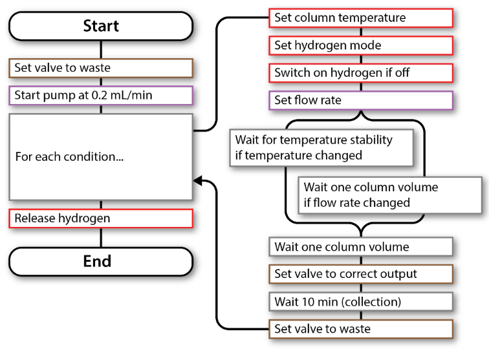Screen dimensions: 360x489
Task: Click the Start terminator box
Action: [x=101, y=26]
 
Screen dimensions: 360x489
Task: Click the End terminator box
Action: [x=101, y=261]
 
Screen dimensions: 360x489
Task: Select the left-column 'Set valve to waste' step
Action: [x=101, y=68]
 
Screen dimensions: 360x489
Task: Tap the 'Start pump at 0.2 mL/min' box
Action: [x=101, y=96]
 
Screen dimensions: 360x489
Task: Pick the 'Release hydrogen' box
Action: [x=101, y=218]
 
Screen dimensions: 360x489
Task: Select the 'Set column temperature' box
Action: [x=360, y=18]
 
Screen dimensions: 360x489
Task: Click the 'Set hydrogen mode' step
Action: [x=360, y=45]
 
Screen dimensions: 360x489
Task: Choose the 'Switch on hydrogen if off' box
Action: [x=360, y=73]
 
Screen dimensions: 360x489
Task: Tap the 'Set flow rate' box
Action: [x=360, y=100]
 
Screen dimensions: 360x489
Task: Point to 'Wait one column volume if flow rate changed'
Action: [x=371, y=195]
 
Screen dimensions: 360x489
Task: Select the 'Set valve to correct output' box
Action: [x=360, y=274]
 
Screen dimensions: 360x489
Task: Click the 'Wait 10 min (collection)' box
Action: [x=360, y=301]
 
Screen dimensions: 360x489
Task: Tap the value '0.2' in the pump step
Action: [x=115, y=96]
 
